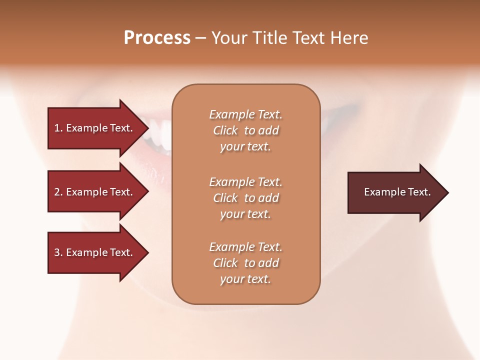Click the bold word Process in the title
tap(157, 38)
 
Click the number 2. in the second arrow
tap(58, 192)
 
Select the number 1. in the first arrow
tap(58, 128)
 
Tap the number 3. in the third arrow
tap(58, 252)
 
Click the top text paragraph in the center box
tap(245, 130)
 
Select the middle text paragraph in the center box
tap(245, 198)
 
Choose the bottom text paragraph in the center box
tap(245, 263)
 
